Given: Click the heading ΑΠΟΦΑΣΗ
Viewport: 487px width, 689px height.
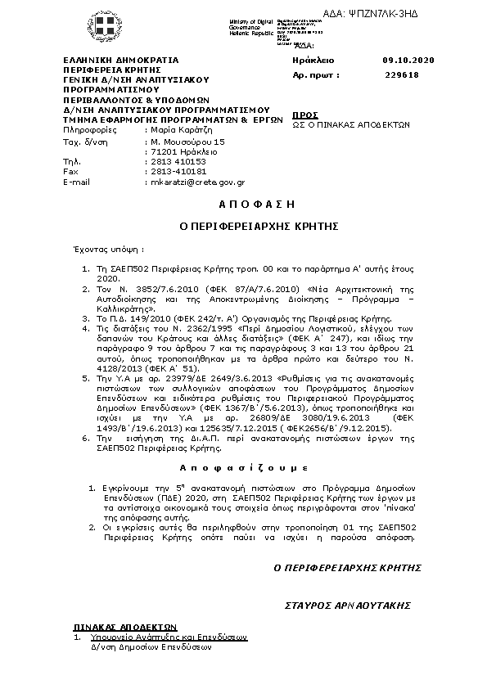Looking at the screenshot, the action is pos(244,203).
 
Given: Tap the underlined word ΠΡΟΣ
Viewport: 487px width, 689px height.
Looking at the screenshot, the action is pos(305,115).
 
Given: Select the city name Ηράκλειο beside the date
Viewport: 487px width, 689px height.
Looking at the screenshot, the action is pos(313,61).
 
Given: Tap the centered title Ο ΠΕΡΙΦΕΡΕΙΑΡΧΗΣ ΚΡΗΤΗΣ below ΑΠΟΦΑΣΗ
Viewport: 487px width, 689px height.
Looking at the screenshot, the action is pos(244,224).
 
